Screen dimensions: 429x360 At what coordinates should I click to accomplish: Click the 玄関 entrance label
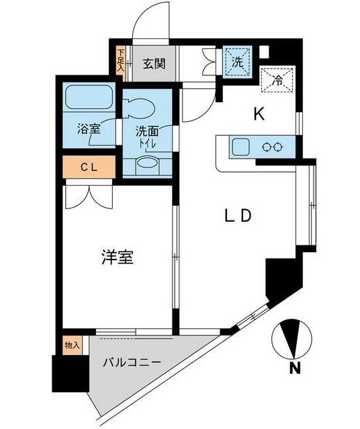click(x=154, y=65)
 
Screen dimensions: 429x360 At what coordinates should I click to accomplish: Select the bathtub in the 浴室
click(x=89, y=100)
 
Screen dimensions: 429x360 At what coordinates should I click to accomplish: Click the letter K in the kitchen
click(x=259, y=114)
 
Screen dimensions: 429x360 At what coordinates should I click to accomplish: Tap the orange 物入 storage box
click(x=72, y=346)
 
